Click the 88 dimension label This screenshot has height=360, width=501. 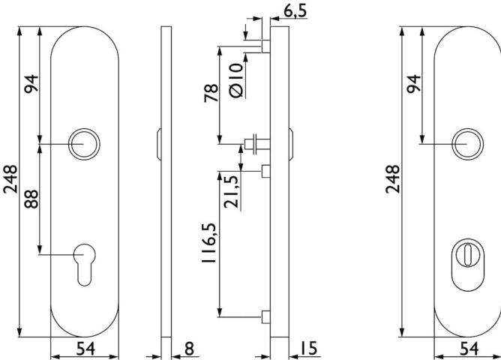[x=31, y=199]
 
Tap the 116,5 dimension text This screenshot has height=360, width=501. [x=209, y=244]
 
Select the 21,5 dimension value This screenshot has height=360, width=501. [x=232, y=192]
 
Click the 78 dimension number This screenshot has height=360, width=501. [x=211, y=93]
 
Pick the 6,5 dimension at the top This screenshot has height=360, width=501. [x=295, y=10]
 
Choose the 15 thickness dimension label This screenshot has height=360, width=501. [x=308, y=348]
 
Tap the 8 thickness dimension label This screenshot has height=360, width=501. [x=189, y=348]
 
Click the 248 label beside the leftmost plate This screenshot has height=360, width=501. [x=10, y=179]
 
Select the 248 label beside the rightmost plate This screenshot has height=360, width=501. [x=393, y=179]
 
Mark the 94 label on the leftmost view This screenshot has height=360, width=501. [x=31, y=84]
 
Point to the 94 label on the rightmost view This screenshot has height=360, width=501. [x=414, y=84]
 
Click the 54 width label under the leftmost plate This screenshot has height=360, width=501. [x=85, y=349]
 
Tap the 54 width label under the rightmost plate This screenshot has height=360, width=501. [x=469, y=349]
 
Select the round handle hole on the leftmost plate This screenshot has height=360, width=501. [x=84, y=145]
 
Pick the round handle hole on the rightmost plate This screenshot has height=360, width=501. [x=468, y=145]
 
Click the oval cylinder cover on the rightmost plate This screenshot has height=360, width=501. [x=468, y=265]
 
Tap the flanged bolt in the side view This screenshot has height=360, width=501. [x=257, y=144]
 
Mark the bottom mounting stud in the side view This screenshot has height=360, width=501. [x=265, y=316]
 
